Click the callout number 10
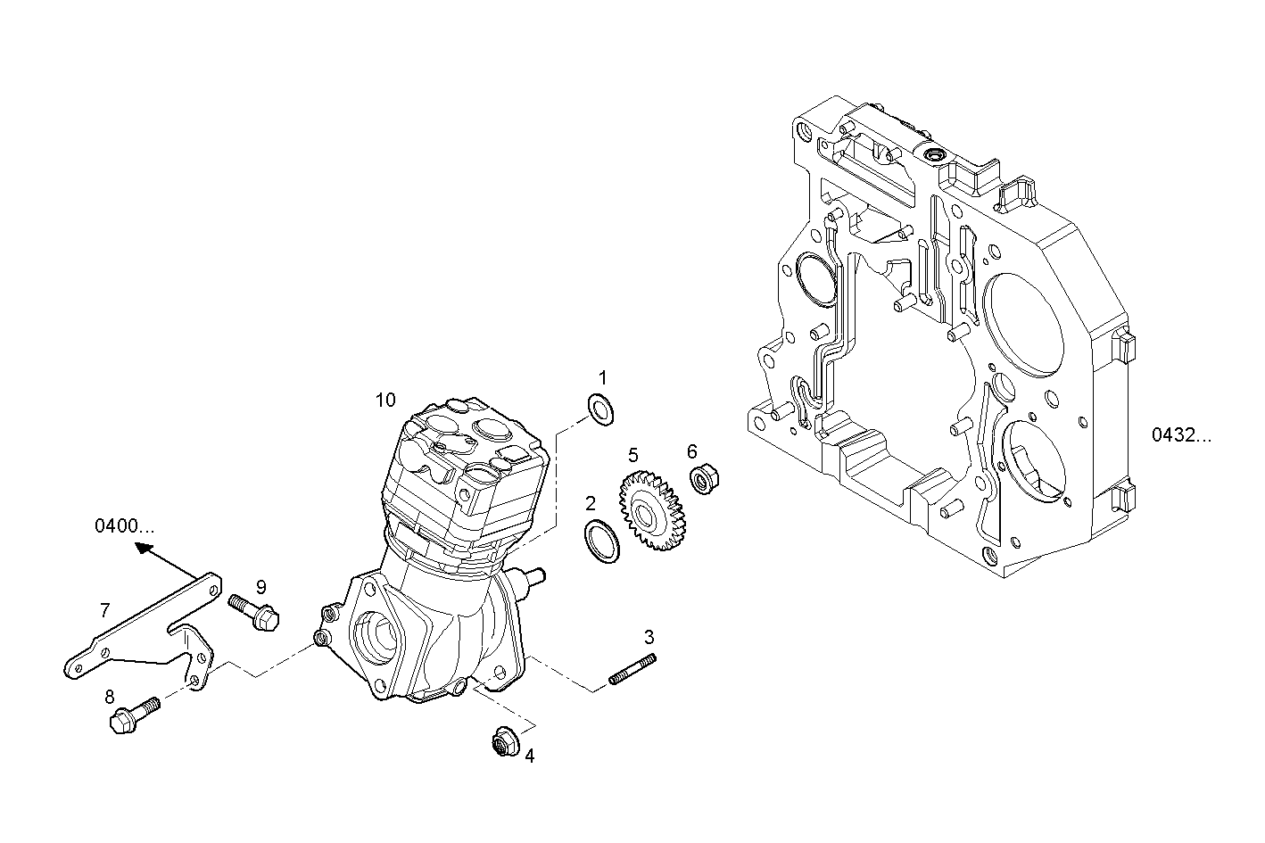[x=384, y=400]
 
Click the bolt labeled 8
[x=134, y=715]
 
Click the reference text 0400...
[x=124, y=526]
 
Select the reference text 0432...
[x=1181, y=435]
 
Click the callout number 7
[x=104, y=610]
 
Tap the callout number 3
[x=649, y=637]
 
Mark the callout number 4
[x=529, y=756]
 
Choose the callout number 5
[x=632, y=456]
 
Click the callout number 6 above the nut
[x=691, y=451]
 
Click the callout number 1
[x=602, y=377]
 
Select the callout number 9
[x=261, y=586]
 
